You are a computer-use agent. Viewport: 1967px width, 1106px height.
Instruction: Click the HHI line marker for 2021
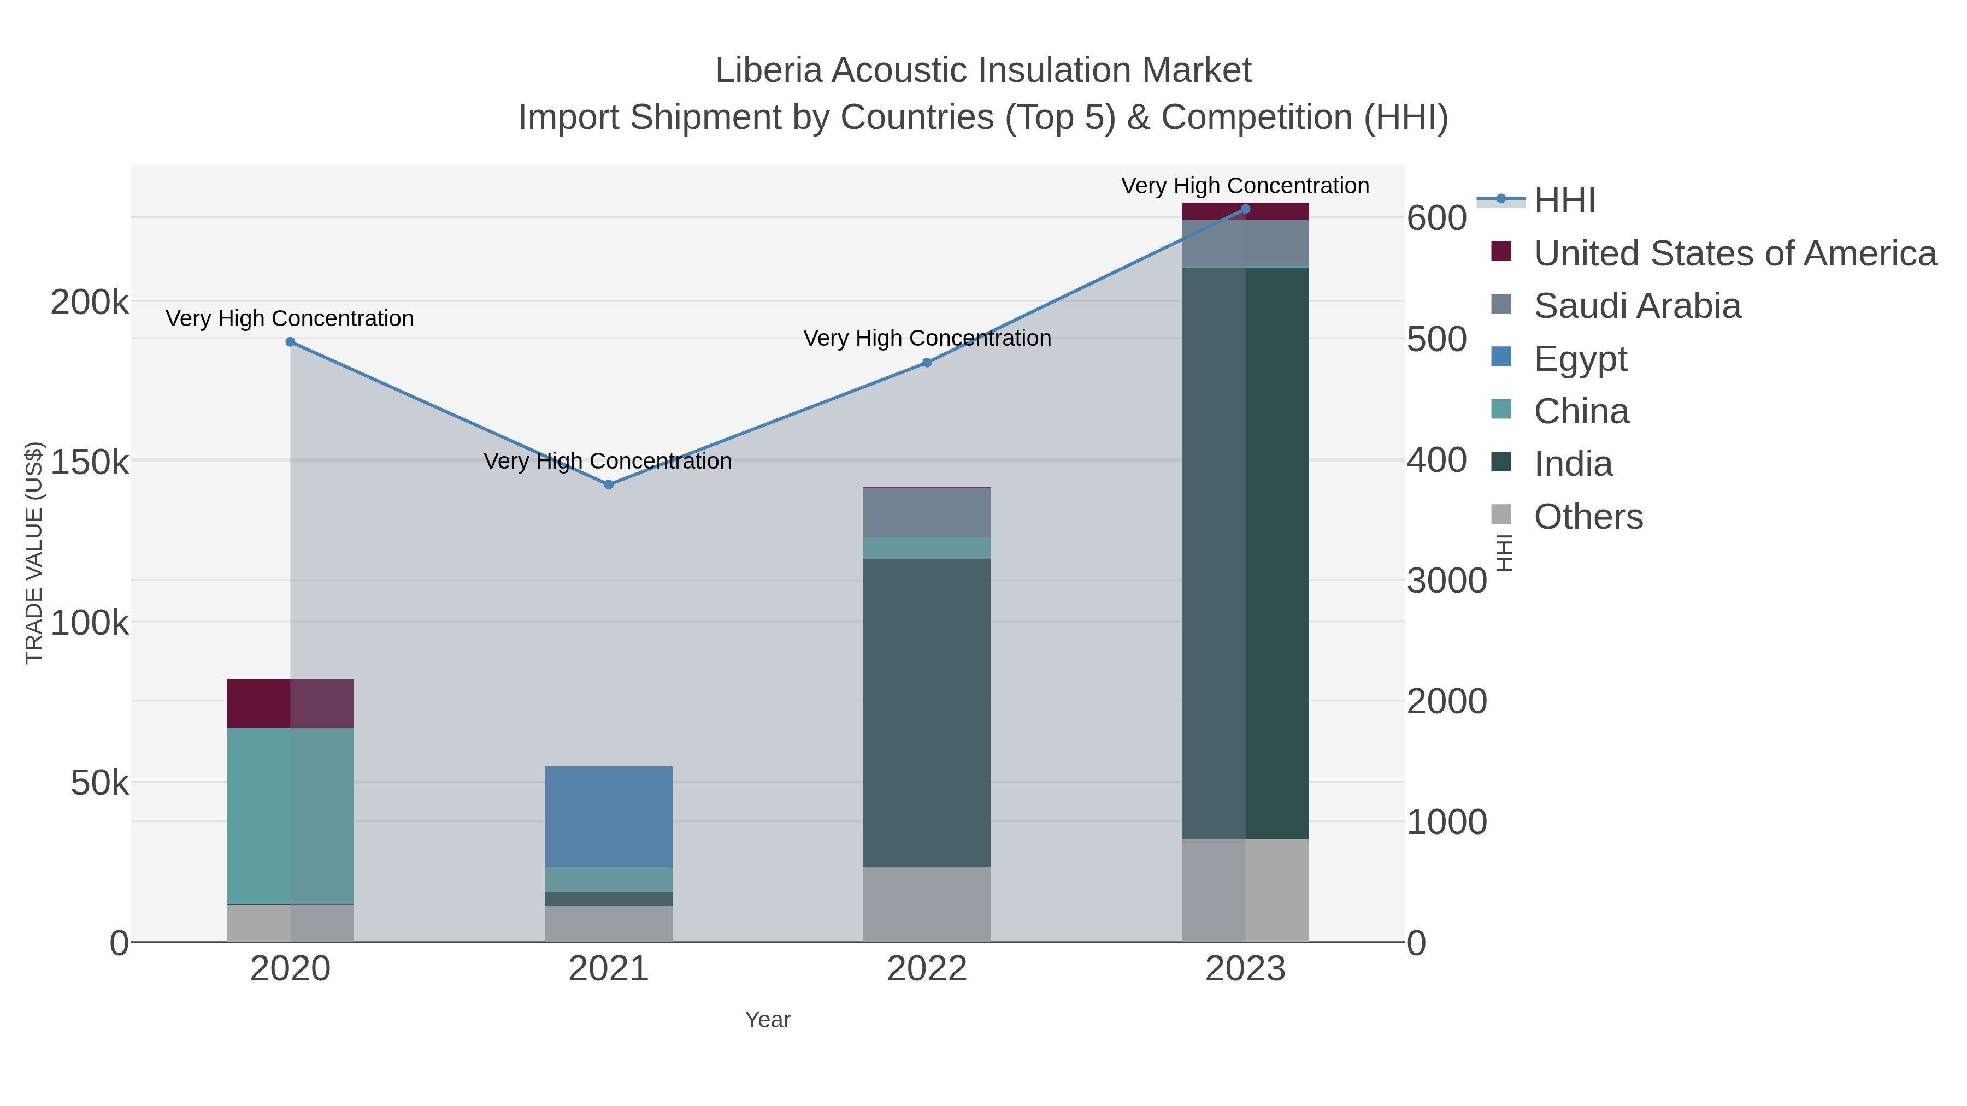click(609, 484)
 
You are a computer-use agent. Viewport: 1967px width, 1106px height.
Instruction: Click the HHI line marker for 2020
click(290, 342)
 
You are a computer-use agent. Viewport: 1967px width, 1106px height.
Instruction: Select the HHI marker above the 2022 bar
click(927, 363)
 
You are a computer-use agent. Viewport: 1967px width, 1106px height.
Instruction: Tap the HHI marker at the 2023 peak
click(1245, 209)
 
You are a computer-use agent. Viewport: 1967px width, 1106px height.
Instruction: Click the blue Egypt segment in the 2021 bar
click(609, 816)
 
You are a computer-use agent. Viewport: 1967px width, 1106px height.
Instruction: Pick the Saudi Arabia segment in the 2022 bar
click(927, 512)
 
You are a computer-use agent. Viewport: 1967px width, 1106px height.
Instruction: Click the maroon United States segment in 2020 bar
click(290, 703)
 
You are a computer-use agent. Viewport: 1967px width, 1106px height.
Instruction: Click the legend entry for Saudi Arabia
click(1637, 306)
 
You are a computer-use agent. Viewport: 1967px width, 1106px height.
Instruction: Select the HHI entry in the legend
click(1564, 201)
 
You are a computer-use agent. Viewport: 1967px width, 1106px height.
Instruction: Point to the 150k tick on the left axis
click(90, 462)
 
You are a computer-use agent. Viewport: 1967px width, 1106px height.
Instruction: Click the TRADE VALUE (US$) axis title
click(34, 553)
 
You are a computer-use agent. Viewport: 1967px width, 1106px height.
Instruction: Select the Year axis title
click(768, 1020)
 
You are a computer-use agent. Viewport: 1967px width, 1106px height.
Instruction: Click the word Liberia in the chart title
click(768, 70)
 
